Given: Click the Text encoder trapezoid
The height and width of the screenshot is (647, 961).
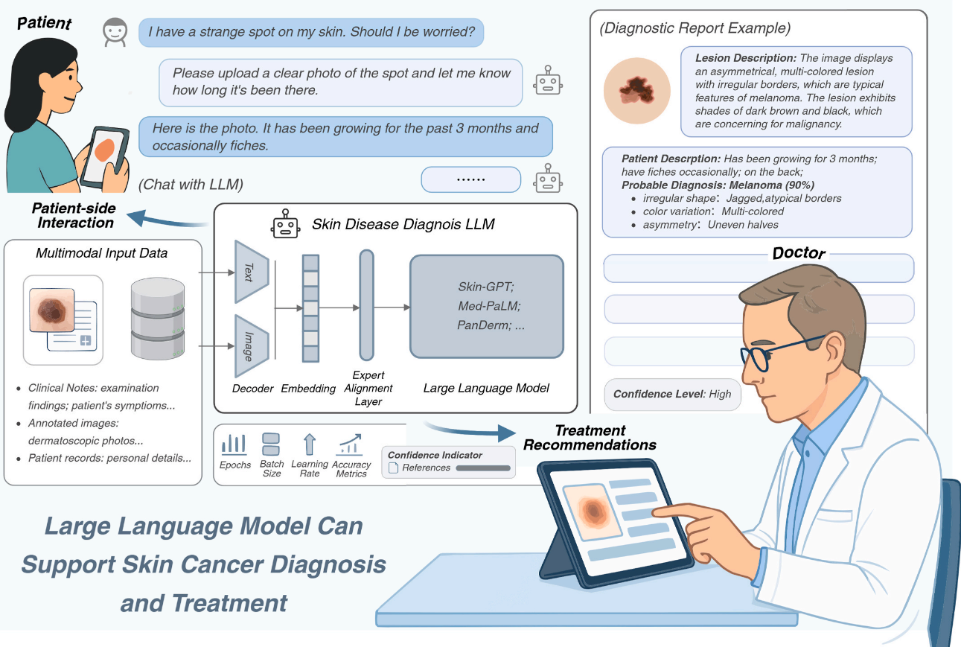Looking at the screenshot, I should [x=248, y=272].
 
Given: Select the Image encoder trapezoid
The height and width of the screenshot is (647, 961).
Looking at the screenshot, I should [x=248, y=347].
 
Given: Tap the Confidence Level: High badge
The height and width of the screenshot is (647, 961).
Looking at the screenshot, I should [x=671, y=394].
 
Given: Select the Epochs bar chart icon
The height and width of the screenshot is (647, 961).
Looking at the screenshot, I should [x=234, y=444].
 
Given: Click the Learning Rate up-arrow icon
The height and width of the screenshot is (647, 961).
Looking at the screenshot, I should [x=310, y=444].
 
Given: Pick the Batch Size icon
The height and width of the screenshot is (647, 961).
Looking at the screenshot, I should [x=272, y=444].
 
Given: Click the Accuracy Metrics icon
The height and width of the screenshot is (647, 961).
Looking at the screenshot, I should [x=351, y=445].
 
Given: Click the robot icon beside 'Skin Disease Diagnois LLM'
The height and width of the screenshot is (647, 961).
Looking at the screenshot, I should [x=286, y=224].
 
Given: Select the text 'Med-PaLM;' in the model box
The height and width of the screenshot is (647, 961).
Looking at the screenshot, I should [x=488, y=305].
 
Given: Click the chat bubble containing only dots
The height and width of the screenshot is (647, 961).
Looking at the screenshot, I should [x=470, y=179].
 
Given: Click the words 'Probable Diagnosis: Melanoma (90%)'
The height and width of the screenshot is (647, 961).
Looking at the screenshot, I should [x=718, y=185].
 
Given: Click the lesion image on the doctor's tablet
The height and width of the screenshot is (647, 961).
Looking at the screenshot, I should [x=591, y=510].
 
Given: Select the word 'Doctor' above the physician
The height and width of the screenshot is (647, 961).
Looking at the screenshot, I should [x=798, y=253].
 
